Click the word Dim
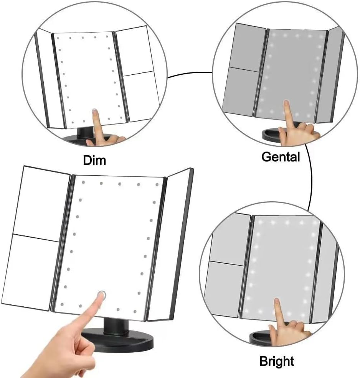(94, 159)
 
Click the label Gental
(280, 156)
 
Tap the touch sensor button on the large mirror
(102, 295)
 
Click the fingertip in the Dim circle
(94, 112)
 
